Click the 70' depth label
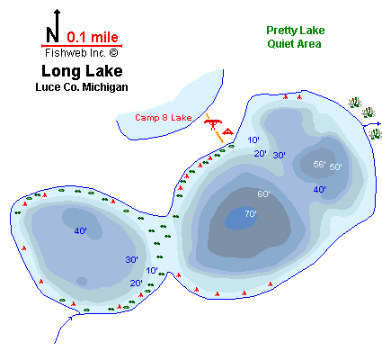point(251,213)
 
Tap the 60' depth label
point(263,193)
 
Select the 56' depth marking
point(319,164)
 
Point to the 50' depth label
point(335,166)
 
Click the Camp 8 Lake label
point(164,118)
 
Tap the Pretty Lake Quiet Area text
point(295,37)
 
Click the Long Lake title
point(82,71)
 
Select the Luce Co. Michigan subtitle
point(82,87)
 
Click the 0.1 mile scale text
point(93,37)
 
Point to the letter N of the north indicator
point(52,34)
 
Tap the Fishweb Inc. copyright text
point(82,53)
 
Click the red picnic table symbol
point(213,124)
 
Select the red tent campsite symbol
point(227,131)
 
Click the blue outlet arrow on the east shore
point(372,124)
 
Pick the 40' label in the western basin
point(81,230)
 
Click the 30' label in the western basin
point(131,259)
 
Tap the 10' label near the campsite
point(253,139)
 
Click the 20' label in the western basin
point(136,283)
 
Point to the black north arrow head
point(57,12)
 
